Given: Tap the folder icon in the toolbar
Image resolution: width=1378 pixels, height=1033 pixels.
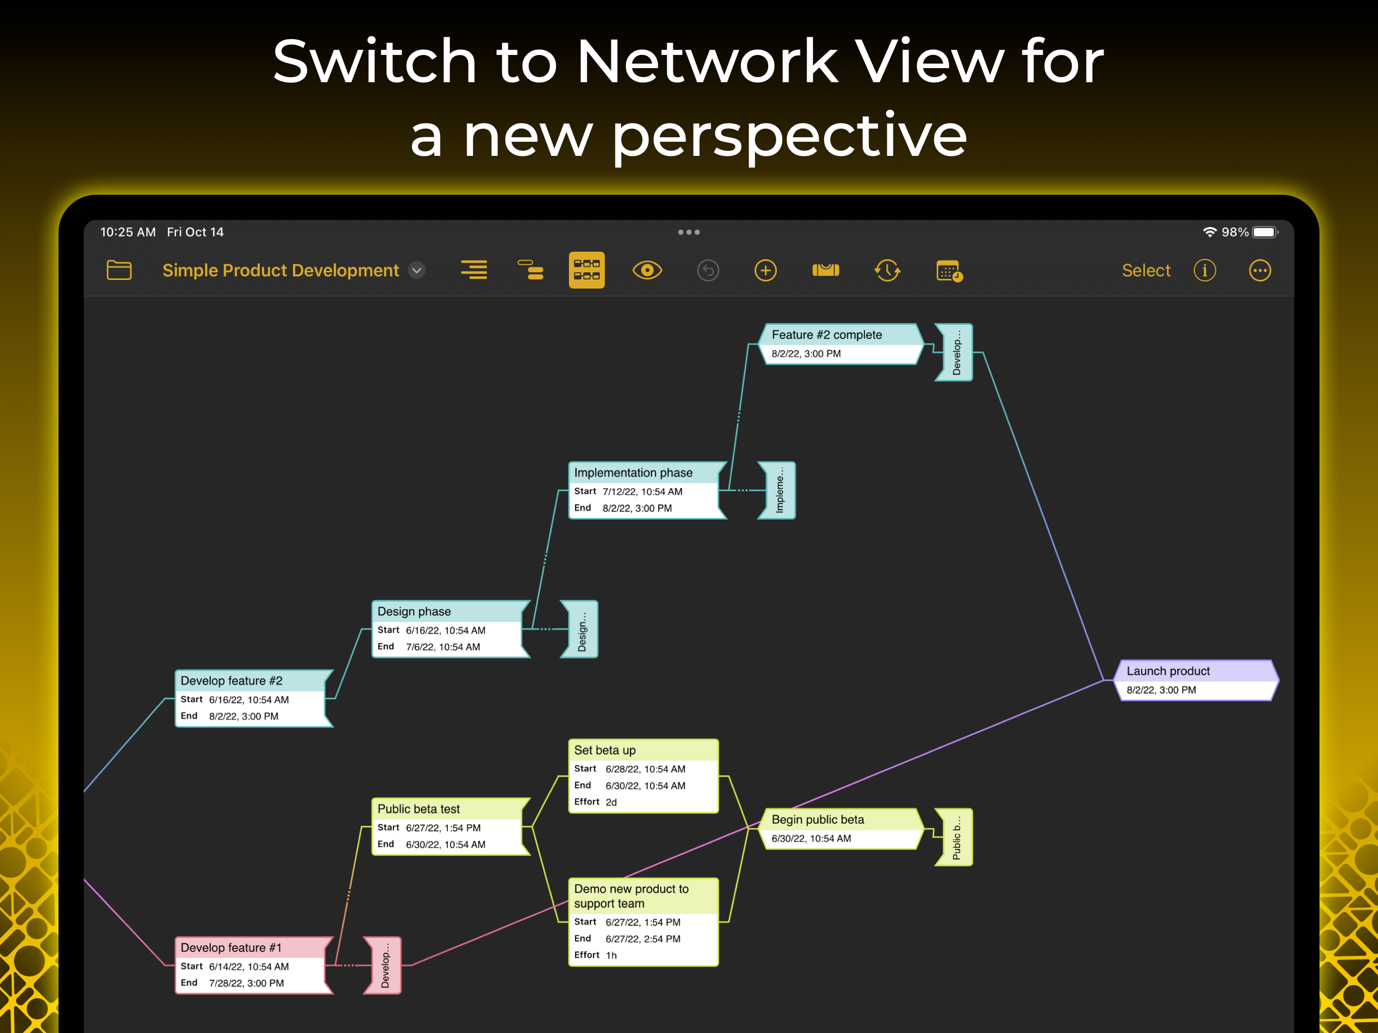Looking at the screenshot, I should pos(119,270).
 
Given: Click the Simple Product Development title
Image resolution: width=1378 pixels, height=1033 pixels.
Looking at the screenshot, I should pos(280,270).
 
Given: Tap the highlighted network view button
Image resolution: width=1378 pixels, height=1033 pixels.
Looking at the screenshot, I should pos(586,270).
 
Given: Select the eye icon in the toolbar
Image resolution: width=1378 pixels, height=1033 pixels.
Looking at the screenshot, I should pos(647,270).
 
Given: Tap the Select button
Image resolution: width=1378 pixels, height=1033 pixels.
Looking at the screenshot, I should pos(1145,270).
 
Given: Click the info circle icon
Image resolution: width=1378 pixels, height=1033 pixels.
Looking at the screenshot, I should pos(1204,270).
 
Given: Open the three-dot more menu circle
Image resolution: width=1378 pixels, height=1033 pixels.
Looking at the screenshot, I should pos(1259,270).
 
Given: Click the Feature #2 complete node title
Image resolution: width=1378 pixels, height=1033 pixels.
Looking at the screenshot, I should pos(827,334).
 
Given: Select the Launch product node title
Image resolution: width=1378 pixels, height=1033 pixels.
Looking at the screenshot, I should pos(1168,671).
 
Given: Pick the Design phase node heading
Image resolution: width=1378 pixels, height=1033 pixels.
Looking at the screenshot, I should pos(414,611).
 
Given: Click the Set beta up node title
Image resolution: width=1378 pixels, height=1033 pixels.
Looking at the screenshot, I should pos(605,750).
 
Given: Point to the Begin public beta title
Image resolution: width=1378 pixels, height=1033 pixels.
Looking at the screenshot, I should pos(817,819).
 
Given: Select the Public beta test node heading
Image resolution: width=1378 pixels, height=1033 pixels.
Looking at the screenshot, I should pos(419,809).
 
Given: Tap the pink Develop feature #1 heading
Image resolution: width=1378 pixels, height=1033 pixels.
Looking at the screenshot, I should pos(231,948).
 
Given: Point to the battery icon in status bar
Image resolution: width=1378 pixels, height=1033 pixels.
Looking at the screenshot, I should pos(1265,233).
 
